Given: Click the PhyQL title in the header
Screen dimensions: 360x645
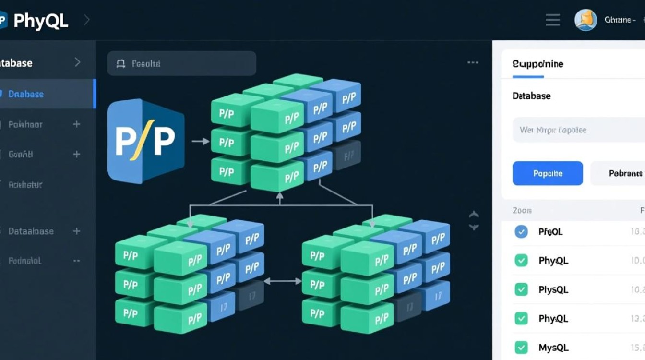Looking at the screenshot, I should (x=41, y=21).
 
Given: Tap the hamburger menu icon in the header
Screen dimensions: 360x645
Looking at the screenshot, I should (x=553, y=20).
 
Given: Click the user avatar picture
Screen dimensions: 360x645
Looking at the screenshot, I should (x=585, y=20).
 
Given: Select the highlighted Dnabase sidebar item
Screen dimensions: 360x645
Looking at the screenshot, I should (x=26, y=94).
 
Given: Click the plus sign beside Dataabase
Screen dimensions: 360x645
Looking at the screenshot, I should (x=76, y=231).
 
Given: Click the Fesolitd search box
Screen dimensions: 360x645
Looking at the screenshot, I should (x=181, y=63).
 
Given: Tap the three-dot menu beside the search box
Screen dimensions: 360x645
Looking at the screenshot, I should (x=473, y=63).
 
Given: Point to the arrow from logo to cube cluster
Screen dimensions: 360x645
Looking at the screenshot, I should (x=200, y=141).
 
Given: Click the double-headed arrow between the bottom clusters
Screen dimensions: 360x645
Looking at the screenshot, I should (x=282, y=281).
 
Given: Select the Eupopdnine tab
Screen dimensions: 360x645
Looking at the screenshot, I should (x=537, y=64).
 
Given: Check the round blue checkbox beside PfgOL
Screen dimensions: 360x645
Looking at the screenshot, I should (x=521, y=232).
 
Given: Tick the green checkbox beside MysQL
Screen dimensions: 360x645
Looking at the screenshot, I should (x=521, y=347).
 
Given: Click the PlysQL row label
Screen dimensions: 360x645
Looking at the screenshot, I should (x=553, y=289).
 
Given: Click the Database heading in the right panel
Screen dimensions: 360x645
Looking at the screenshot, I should (x=531, y=96).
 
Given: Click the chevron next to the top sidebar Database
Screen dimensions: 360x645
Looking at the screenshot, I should (x=77, y=62).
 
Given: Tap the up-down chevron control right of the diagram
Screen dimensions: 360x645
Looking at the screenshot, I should (x=474, y=221).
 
